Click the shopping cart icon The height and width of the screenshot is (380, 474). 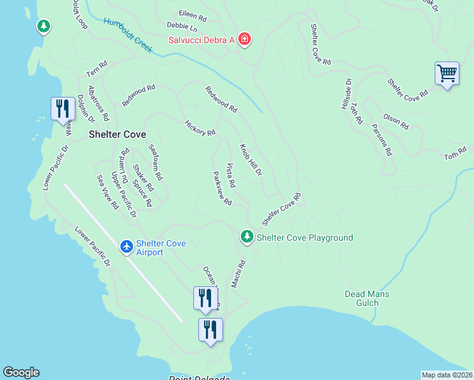pos(447,73)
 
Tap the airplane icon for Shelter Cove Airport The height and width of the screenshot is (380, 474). pos(127,246)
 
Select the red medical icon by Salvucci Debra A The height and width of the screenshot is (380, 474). pos(244,41)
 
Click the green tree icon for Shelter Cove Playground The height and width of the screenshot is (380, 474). pos(247,237)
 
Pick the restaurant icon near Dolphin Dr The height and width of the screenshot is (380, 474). pos(61,109)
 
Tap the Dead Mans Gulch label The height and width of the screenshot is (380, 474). pos(366,298)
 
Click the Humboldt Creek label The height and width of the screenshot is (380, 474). pos(129,35)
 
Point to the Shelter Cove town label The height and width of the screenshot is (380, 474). pos(117,134)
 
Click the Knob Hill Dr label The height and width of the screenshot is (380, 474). pos(250,159)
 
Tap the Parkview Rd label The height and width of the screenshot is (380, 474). pos(222,188)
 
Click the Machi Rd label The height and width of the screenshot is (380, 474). pos(238,275)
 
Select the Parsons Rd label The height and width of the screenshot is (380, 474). pos(383,144)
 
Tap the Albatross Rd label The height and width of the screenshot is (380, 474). pos(99,103)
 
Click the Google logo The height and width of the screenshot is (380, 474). pos(21,372)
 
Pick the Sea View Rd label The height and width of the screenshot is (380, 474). pos(106,193)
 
